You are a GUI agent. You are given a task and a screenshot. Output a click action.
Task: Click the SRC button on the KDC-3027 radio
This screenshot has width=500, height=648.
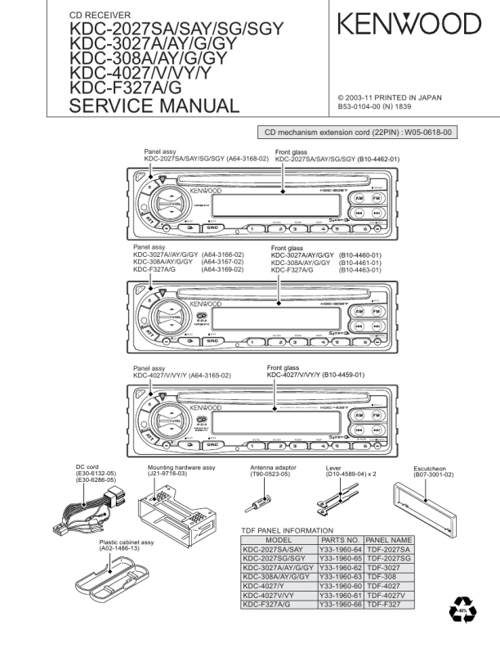click(212, 341)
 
